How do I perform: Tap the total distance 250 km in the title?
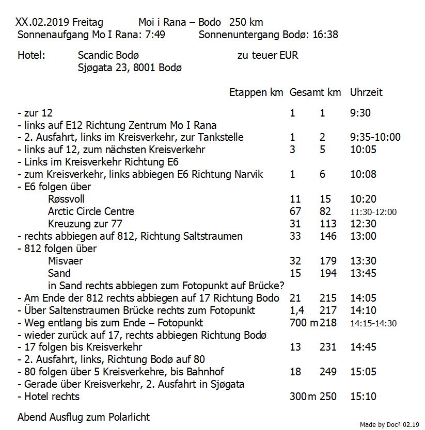coord(246,23)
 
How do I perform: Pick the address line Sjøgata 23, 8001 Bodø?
coord(129,68)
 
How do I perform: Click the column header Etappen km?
coord(256,92)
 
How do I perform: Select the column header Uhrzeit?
coord(366,92)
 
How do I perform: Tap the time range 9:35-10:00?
coord(375,137)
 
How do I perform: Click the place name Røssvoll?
coord(66,199)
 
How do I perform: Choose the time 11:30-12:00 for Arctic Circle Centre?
coord(373,212)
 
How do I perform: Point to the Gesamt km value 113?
coord(328,224)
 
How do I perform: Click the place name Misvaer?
coord(65,261)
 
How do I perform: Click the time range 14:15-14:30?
coord(373,323)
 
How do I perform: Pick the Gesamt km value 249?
coord(328,372)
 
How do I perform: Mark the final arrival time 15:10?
coord(363,396)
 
